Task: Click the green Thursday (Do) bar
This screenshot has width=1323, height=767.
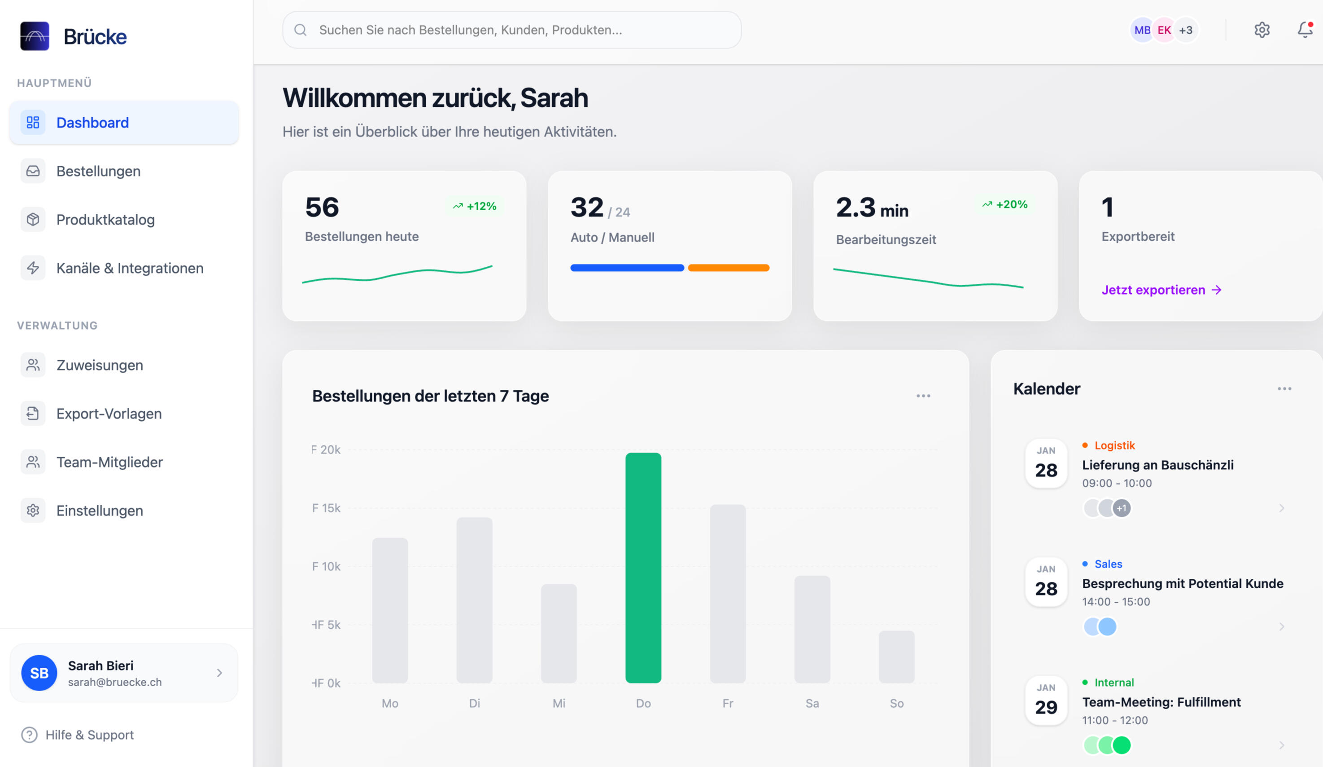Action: (643, 567)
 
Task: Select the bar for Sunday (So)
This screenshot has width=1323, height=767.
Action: (896, 657)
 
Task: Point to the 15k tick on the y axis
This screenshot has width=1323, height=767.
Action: (326, 508)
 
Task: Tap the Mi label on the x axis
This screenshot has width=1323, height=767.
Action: (559, 703)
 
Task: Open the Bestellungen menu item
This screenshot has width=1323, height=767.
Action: (98, 171)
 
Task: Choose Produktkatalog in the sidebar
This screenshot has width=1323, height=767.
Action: (105, 220)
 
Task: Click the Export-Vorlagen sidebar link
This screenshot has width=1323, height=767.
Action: (109, 414)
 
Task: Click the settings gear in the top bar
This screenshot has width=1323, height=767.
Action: (1262, 30)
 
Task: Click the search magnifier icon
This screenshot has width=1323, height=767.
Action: (300, 30)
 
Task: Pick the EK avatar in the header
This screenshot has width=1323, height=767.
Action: (1164, 30)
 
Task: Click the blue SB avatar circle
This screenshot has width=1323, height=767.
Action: (39, 673)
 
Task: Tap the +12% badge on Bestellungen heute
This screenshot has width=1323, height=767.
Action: (475, 206)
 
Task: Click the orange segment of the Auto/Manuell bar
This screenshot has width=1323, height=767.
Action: (728, 268)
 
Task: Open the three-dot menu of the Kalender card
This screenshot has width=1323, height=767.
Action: (1284, 389)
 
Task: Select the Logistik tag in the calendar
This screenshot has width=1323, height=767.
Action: (1114, 445)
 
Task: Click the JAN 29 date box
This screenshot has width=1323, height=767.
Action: (1046, 700)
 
